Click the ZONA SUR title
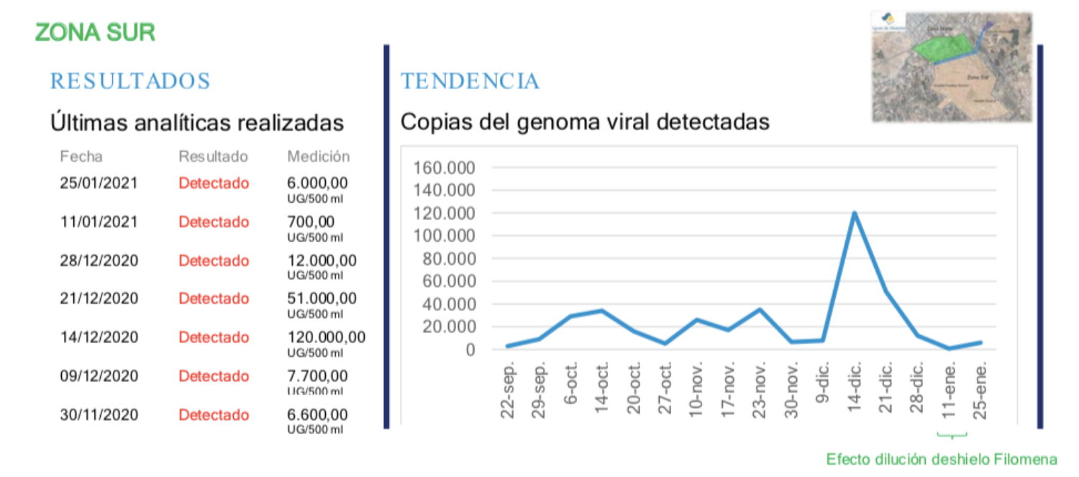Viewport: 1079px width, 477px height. (95, 32)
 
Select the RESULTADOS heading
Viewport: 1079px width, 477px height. (130, 81)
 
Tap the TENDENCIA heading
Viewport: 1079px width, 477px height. (470, 81)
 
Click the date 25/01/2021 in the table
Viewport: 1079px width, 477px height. (99, 183)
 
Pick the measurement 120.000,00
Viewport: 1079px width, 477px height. (327, 337)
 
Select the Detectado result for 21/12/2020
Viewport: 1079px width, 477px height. (214, 299)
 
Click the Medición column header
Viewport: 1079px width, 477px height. (319, 156)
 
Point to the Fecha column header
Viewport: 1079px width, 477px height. (81, 156)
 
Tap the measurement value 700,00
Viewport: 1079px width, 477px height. (311, 222)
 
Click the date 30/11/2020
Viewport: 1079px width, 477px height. (99, 414)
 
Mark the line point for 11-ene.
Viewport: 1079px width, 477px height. (950, 349)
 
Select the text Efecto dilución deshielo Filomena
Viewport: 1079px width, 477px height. (942, 459)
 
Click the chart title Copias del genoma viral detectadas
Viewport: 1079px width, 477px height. (585, 122)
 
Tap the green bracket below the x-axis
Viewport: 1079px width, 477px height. (952, 435)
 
